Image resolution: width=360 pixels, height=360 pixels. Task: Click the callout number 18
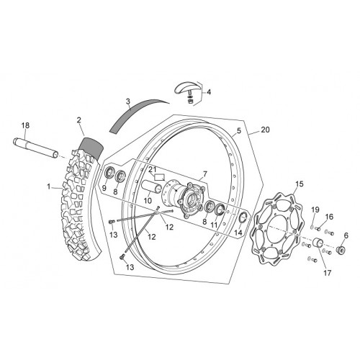(x=25, y=125)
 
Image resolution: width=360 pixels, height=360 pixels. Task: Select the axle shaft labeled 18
(x=35, y=148)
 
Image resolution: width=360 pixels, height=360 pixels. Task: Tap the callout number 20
(x=265, y=130)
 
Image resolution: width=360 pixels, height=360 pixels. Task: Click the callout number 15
(x=300, y=184)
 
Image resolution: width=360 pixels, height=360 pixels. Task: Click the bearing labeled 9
(x=109, y=173)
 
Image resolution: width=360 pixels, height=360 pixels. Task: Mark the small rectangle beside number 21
(x=159, y=177)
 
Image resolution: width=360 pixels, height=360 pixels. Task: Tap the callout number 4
(x=209, y=92)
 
